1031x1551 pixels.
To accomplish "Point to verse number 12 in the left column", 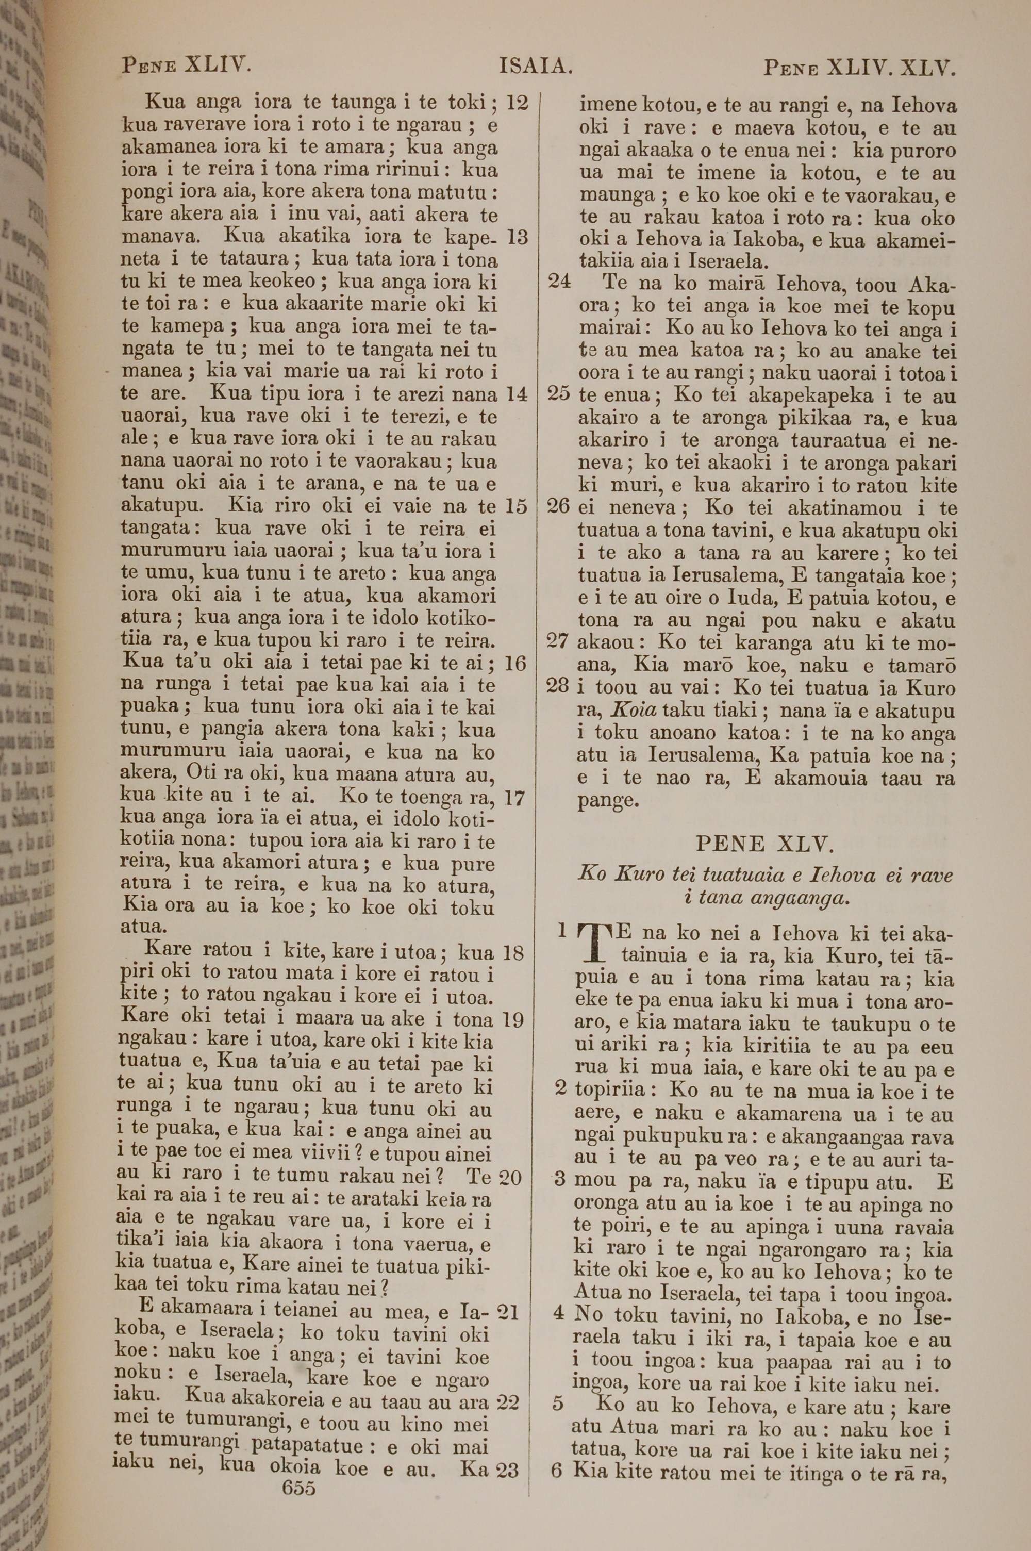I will coord(518,103).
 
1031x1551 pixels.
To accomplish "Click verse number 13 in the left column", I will coord(518,237).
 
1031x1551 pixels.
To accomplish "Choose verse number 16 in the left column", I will coord(515,664).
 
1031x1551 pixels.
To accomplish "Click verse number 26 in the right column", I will coord(558,507).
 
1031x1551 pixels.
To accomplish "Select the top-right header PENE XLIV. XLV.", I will coord(858,68).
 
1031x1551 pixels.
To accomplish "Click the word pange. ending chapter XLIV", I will coord(608,801).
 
